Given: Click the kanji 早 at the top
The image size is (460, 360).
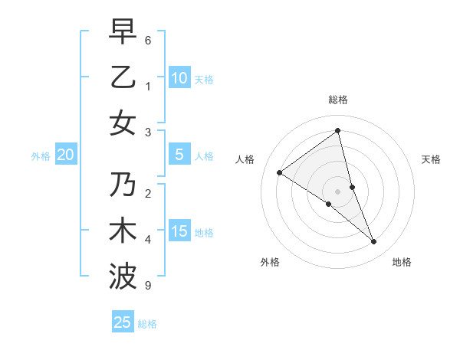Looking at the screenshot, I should tap(123, 33).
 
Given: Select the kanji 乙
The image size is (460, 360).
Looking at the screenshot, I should tap(123, 77).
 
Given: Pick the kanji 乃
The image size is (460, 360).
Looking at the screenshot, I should tap(123, 186).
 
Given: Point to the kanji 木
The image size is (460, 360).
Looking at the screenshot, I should tap(123, 231).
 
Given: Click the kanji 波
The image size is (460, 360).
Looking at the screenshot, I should tap(123, 276).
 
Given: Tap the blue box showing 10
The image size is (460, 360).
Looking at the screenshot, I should tap(179, 77).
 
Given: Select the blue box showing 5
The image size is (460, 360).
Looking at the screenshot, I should tap(179, 155).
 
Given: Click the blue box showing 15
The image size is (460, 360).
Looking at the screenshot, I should tap(179, 231).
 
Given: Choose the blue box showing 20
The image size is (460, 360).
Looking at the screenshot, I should tap(65, 155).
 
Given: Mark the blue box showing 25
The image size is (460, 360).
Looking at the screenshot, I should tap(123, 322).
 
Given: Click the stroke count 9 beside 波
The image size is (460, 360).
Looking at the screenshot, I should tap(148, 286).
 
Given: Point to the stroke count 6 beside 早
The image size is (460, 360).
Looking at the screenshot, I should tap(148, 40).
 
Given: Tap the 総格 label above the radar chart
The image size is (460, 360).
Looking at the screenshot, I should tap(337, 100).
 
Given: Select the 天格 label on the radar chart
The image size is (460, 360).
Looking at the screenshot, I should tap(432, 159).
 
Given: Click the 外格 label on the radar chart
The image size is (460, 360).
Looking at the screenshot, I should tap(270, 262).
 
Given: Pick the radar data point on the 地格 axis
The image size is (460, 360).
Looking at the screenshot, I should tap(374, 242).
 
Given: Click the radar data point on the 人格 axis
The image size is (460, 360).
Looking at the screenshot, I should tap(279, 172).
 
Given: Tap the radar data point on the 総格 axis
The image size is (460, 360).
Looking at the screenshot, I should tap(337, 130).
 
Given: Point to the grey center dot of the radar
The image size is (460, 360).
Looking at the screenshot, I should tap(337, 191).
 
